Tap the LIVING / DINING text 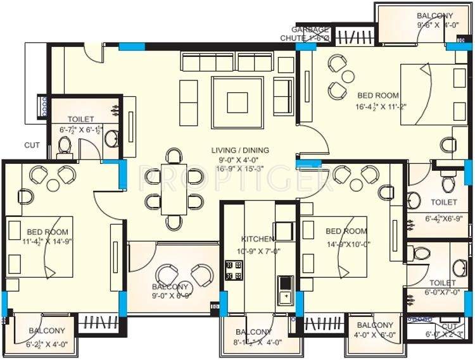[240, 150]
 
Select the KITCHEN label [258, 239]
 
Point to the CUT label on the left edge [32, 145]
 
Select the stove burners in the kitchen [233, 270]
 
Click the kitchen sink [285, 288]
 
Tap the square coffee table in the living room [238, 101]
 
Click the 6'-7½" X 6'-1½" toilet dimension [80, 130]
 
